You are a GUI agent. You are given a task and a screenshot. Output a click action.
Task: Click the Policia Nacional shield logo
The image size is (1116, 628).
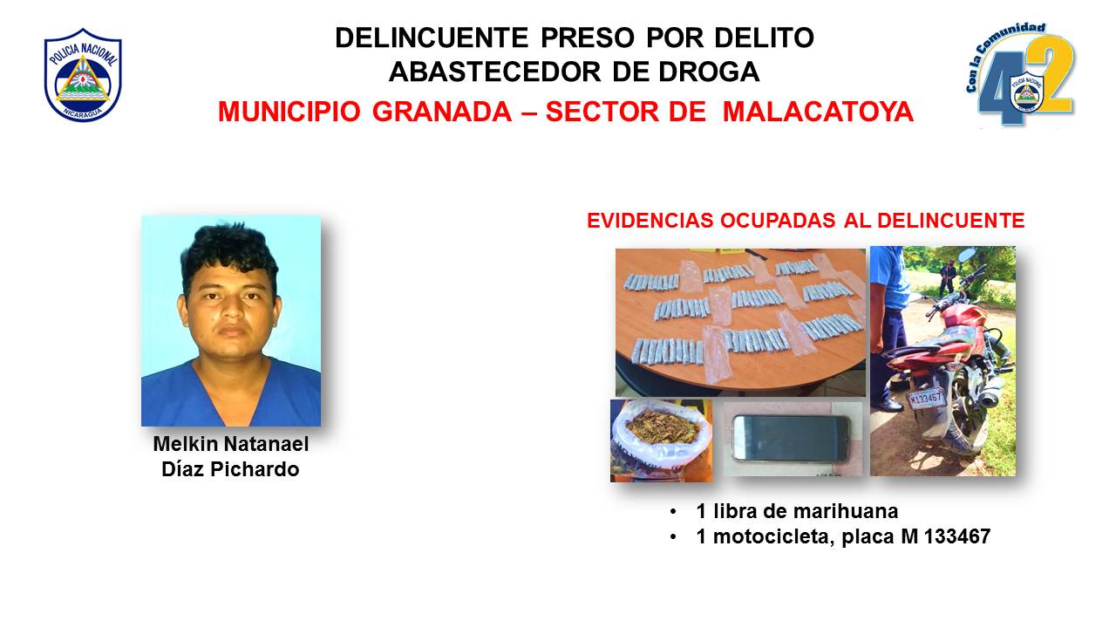tap(83, 75)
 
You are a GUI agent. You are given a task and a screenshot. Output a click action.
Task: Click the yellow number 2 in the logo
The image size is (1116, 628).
tap(1050, 75)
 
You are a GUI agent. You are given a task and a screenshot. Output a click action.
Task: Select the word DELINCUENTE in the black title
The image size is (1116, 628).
tap(432, 38)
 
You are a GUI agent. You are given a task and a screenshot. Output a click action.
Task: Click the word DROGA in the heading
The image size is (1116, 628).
tap(709, 72)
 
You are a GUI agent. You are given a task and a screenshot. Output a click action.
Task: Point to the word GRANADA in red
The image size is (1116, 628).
tap(442, 111)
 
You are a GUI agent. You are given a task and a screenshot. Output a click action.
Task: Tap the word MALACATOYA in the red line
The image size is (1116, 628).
tap(818, 111)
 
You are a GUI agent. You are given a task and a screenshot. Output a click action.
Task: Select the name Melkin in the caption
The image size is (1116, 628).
tap(185, 444)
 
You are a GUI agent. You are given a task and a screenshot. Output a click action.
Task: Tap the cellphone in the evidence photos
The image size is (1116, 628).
tap(791, 438)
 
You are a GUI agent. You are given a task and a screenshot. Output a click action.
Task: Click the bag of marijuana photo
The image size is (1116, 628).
tap(661, 440)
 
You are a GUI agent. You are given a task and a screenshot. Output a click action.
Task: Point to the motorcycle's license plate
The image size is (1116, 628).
tap(926, 399)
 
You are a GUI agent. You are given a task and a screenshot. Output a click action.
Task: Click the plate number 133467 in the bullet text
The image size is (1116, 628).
tap(957, 536)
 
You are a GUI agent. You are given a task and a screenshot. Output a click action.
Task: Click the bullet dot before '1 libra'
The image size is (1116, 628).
tap(674, 512)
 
